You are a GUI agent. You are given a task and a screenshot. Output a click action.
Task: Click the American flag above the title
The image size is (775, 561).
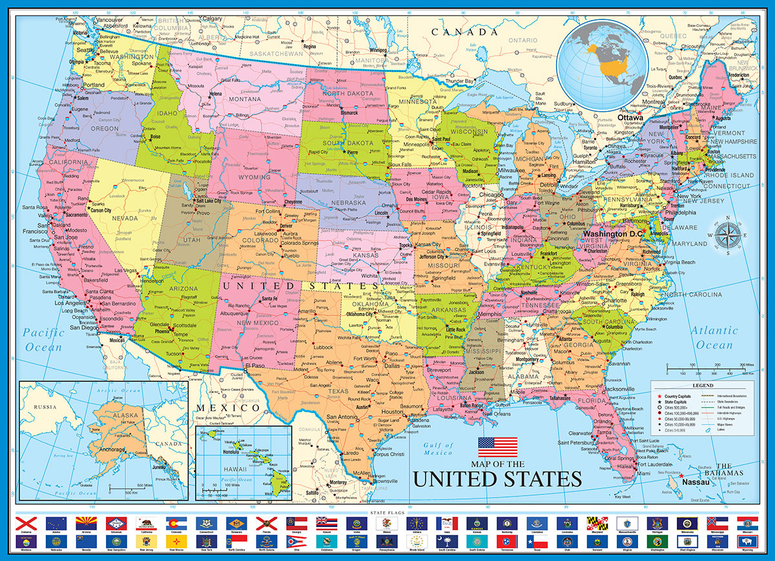tap(497, 447)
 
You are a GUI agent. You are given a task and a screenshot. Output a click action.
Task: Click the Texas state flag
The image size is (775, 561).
tap(541, 539)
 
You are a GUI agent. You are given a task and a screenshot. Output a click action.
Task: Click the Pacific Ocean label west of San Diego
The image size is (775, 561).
tap(45, 340)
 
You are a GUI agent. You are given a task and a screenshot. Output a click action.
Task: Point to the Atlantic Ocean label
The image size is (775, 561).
tap(715, 337)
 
